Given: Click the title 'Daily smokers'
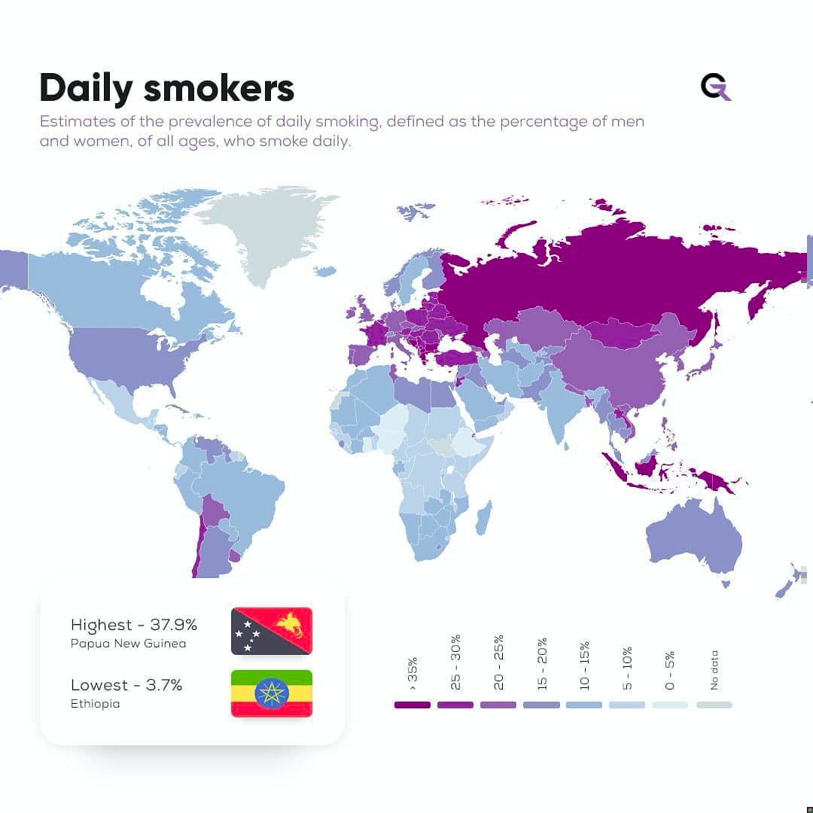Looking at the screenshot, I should (x=166, y=88).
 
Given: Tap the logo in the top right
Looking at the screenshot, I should (x=715, y=87).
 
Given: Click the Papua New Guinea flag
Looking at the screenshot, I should (x=271, y=631).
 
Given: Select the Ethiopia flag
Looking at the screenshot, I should (x=271, y=693).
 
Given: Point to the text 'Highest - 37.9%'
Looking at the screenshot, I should (x=133, y=625).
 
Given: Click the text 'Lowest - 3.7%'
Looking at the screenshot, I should (x=126, y=685).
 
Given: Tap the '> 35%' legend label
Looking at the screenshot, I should (x=413, y=673).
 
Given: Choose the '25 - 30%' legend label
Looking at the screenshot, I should (x=455, y=662).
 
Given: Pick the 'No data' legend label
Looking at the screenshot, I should (x=714, y=670).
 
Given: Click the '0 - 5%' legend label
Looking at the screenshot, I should (x=671, y=670).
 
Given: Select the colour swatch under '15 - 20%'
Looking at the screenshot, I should (x=541, y=705).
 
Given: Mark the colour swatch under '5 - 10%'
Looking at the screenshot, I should (x=627, y=705).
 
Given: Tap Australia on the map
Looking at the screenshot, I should (x=693, y=534).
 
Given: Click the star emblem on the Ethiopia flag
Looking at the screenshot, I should (x=271, y=693).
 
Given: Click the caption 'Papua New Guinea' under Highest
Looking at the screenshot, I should (x=128, y=644).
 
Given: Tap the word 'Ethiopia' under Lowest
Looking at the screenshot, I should (x=95, y=704).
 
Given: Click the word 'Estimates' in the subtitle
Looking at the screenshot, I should (x=73, y=121).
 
